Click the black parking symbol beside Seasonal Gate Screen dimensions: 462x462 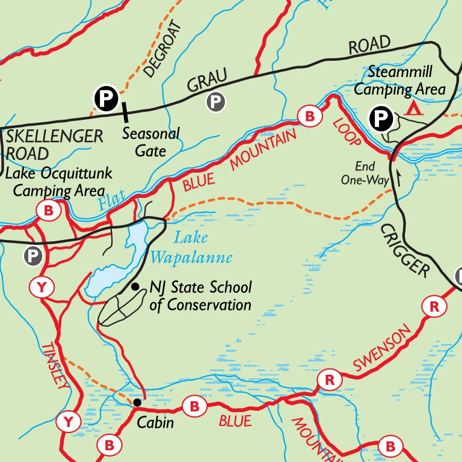(x=105, y=97)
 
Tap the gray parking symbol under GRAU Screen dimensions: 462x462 (x=215, y=102)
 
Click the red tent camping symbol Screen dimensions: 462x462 (x=413, y=108)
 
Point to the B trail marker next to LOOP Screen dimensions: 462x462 (x=309, y=114)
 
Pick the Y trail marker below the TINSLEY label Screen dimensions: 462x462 (x=69, y=422)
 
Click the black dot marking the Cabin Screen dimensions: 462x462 (x=137, y=402)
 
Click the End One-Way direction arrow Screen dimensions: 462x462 (x=396, y=178)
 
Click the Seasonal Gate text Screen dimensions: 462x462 (x=150, y=141)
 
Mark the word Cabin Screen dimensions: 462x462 (x=155, y=422)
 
